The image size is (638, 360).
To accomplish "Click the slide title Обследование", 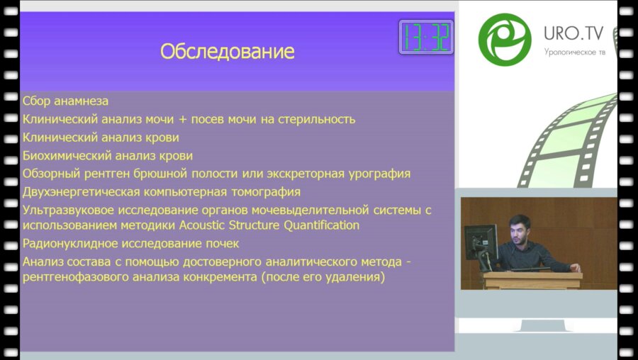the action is (227, 52).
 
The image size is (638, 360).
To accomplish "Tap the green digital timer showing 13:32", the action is (426, 37).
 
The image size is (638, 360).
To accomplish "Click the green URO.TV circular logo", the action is (505, 40).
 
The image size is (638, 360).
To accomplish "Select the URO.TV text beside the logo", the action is (573, 33).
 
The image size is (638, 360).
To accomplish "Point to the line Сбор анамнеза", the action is (65, 101).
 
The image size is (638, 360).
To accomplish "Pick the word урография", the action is (379, 174).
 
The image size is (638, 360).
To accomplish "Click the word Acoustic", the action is (202, 225).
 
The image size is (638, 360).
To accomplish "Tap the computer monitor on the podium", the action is (480, 243).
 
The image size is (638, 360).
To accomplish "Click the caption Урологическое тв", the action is (574, 52).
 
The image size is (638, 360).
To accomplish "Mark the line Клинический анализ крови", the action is (101, 137).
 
